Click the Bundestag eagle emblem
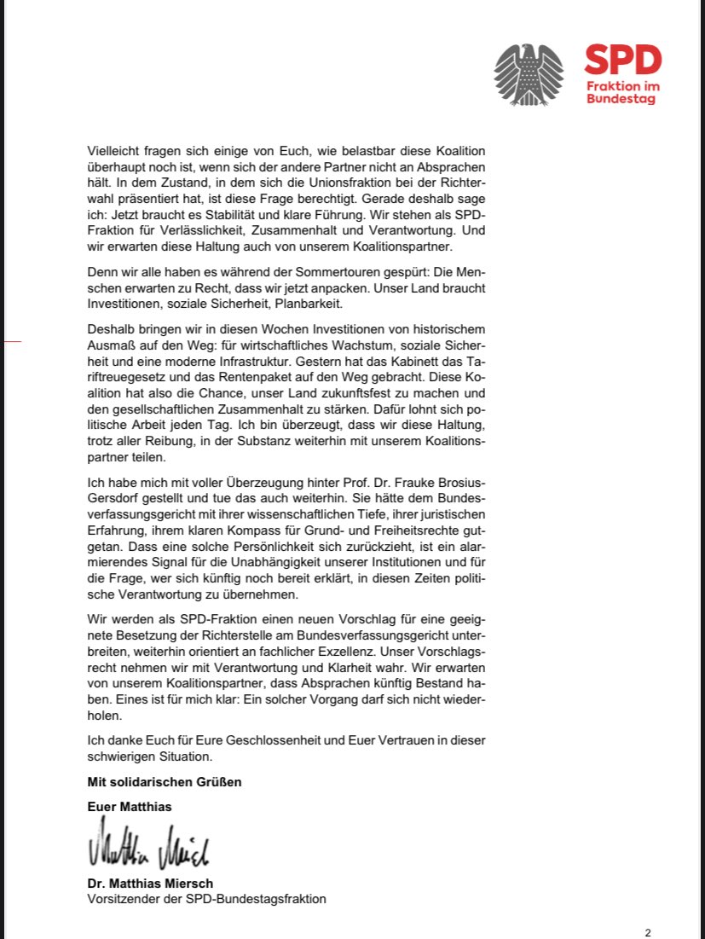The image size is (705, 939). point(529,74)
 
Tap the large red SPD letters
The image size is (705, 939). point(622,61)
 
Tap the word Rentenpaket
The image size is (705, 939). point(263,375)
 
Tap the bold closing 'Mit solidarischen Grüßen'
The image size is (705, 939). point(165,781)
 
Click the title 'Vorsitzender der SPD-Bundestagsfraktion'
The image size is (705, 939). point(206,899)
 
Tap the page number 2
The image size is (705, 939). point(648,932)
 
